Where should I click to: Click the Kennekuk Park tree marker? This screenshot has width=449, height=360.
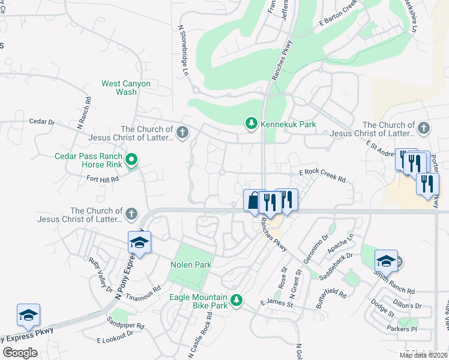tap(251, 124)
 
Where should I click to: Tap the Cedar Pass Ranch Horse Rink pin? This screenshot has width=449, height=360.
tap(132, 159)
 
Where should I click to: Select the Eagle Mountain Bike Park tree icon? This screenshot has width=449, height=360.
tap(237, 299)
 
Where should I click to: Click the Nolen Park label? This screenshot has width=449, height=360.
tap(191, 265)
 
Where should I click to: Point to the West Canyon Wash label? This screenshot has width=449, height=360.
tap(126, 88)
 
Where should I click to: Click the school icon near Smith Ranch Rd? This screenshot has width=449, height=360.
tap(387, 260)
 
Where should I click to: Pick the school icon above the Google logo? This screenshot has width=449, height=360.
tap(28, 314)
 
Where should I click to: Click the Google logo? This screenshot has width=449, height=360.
tap(20, 353)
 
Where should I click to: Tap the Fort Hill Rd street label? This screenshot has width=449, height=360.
tap(103, 178)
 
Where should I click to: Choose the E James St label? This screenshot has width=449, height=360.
tap(276, 304)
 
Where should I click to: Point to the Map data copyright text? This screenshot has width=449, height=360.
tap(423, 355)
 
